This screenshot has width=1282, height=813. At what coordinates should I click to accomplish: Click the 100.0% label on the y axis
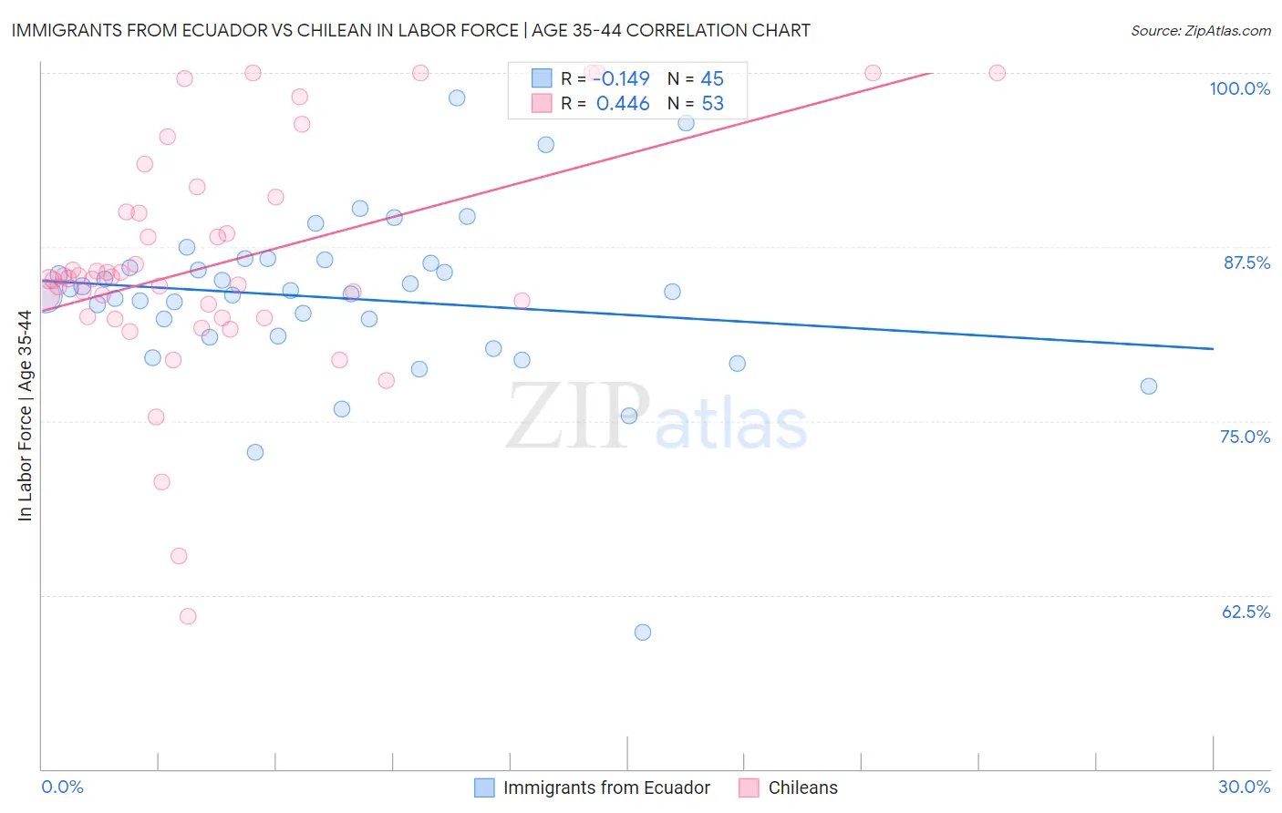pos(1239,88)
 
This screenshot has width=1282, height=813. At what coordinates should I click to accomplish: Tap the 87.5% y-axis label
pos(1246,262)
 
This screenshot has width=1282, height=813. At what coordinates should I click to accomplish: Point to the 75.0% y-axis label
pos(1245,437)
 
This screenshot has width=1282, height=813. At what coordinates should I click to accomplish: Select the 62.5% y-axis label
pos(1246,612)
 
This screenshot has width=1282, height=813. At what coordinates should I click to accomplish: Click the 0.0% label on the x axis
pos(62,787)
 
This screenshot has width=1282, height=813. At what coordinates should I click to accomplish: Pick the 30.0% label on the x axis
pos(1244,787)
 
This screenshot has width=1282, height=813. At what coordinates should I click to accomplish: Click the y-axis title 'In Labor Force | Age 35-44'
pos(25,416)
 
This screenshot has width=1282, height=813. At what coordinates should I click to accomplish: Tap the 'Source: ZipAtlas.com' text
pos(1200,31)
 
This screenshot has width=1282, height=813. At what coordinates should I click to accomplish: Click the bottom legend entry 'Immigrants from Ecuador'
pos(606,787)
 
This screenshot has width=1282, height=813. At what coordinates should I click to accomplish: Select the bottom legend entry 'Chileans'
pos(802,787)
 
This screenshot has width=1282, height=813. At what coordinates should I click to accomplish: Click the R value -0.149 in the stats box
pos(621,79)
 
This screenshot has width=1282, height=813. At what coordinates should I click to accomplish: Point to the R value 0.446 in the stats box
pos(623,104)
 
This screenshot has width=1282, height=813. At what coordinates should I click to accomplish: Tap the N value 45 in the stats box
pos(712,79)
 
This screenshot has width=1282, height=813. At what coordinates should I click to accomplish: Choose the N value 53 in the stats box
pos(712,104)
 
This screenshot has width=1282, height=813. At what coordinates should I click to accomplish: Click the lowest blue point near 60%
pos(643,633)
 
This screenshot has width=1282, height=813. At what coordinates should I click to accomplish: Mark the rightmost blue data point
pos(1149,386)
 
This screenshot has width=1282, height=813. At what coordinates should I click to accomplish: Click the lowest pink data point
pos(188,616)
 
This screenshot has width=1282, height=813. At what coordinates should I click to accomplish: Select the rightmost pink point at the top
pos(998,73)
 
